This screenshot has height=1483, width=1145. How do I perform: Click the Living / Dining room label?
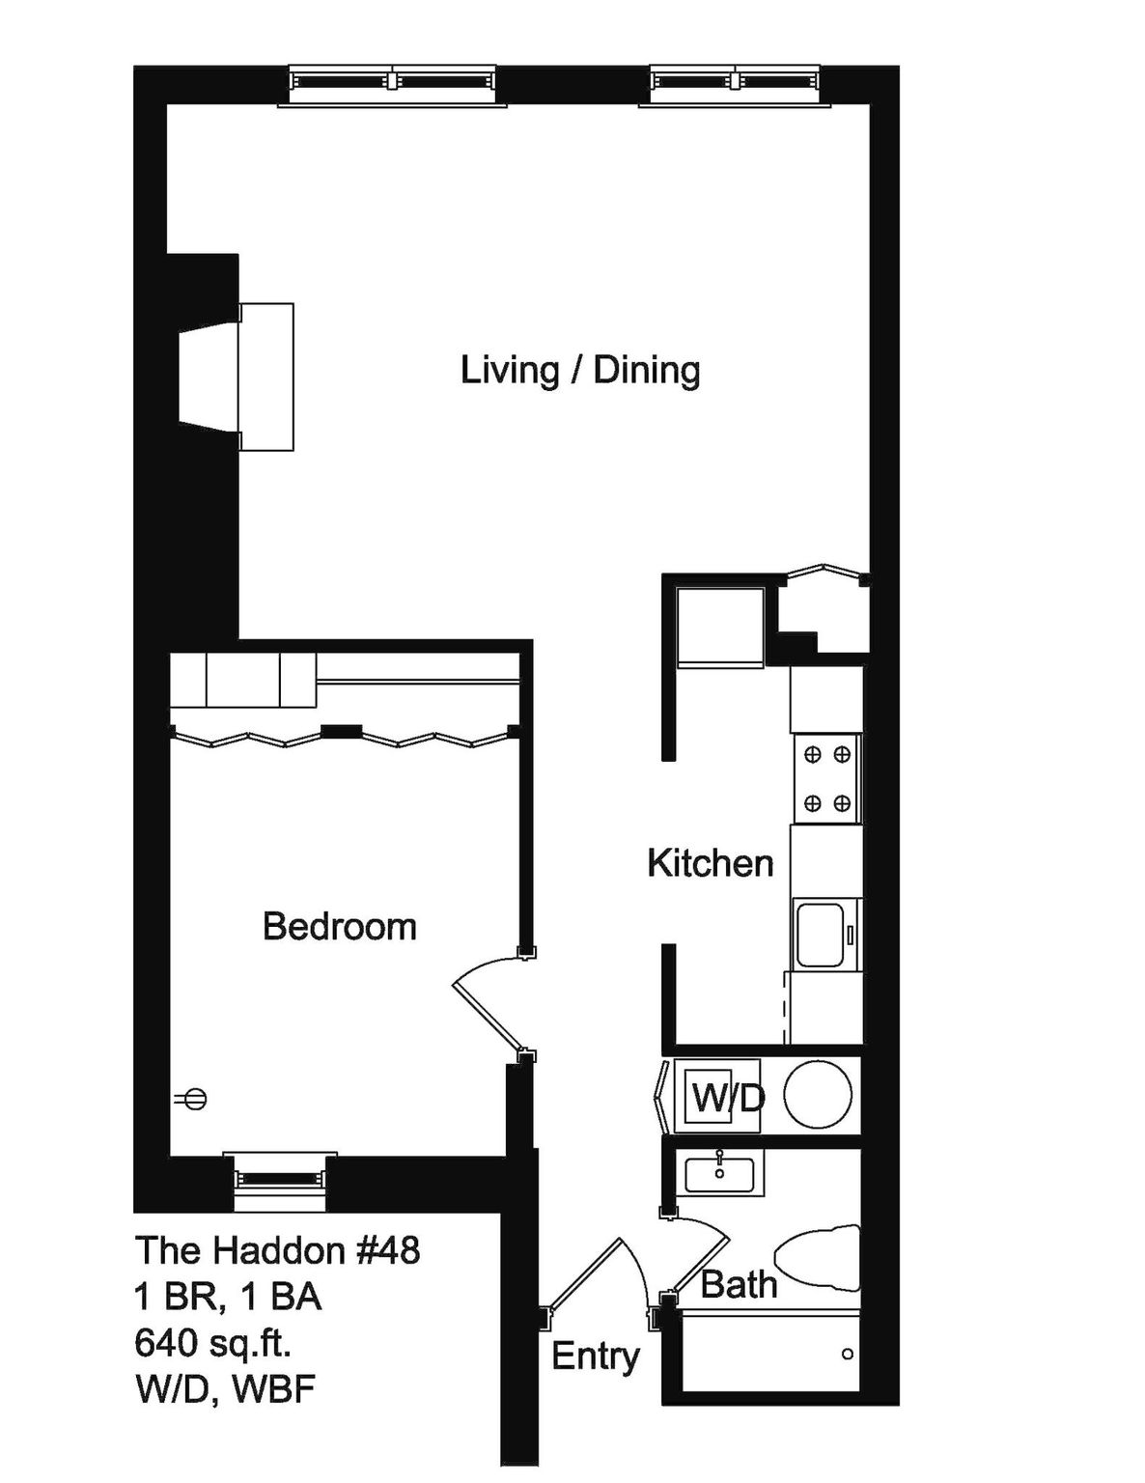coord(580,372)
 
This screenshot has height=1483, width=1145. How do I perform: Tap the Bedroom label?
coord(339,927)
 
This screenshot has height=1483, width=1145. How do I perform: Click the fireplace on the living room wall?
coord(237,377)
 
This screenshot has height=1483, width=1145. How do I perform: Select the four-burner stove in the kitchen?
coord(827,779)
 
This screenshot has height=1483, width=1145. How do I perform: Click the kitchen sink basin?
coord(820,933)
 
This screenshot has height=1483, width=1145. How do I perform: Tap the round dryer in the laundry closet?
coord(818,1094)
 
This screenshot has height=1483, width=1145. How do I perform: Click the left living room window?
coord(392,85)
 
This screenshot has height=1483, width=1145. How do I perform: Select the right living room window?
coord(736,85)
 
